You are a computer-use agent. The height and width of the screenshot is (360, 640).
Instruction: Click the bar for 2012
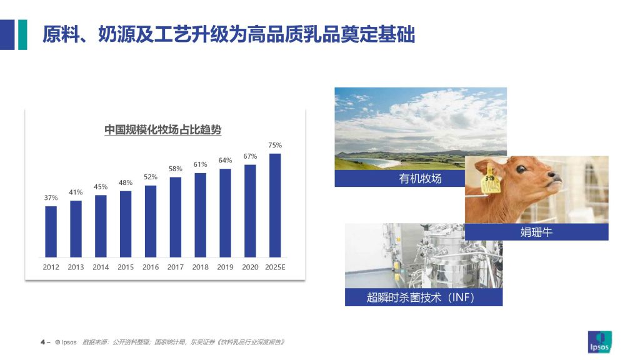point(51,231)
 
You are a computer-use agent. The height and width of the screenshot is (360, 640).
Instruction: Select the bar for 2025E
point(275,205)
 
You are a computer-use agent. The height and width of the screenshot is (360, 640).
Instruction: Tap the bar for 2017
point(176,217)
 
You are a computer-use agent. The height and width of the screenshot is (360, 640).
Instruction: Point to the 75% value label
point(275,145)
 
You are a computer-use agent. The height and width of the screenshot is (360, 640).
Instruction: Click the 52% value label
point(151,177)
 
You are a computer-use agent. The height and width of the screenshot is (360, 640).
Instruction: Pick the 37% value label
point(51,197)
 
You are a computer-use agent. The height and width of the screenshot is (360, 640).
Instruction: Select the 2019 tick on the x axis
point(225,267)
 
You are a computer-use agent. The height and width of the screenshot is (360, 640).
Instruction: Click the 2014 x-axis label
point(101,267)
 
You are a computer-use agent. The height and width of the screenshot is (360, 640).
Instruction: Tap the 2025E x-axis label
point(275,267)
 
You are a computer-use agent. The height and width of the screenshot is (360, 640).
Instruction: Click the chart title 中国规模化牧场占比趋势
point(163,130)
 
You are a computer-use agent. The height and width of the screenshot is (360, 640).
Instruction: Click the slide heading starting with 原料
point(229,34)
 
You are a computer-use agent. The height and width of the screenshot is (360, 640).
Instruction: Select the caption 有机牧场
point(421,178)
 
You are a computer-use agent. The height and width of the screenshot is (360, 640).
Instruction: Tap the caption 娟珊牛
point(536,232)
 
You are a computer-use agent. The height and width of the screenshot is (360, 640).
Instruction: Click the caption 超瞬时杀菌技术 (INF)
point(421,297)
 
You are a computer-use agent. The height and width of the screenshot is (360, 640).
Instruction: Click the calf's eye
point(521,168)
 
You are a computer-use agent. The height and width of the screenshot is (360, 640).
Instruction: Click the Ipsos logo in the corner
point(599,342)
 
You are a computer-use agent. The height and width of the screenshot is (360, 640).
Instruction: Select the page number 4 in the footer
point(43,342)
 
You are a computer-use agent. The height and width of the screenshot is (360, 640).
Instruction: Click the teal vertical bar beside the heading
point(23,35)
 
